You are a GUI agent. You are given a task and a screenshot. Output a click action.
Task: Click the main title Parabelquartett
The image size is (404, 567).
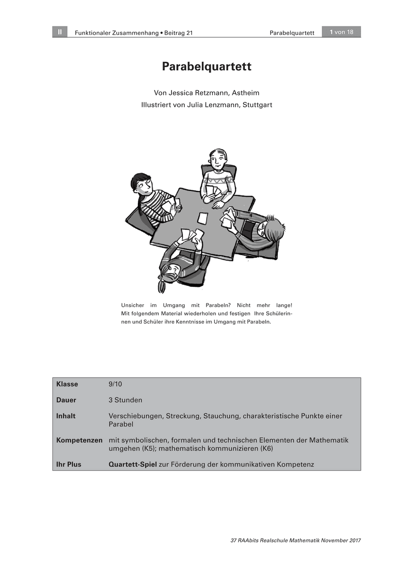(x=206, y=67)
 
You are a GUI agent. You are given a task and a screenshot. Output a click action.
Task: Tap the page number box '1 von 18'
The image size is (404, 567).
(x=341, y=32)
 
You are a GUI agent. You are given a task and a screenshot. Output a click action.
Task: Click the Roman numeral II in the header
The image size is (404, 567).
(x=60, y=32)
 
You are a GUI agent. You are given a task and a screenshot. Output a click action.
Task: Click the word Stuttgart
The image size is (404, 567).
(x=257, y=105)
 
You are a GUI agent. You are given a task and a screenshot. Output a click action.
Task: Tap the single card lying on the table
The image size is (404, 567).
(x=203, y=218)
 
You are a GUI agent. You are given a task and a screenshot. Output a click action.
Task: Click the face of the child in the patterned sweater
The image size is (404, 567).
(x=218, y=161)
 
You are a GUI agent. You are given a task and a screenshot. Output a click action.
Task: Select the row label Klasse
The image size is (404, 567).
(x=67, y=384)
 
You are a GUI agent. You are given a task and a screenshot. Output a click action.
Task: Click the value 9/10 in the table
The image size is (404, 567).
(x=115, y=384)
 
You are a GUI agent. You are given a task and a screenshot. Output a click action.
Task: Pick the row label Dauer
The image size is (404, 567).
(x=66, y=400)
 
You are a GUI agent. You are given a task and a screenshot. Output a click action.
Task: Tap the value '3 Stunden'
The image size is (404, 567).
(x=125, y=400)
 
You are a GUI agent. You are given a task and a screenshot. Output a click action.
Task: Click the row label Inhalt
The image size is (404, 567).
(x=66, y=416)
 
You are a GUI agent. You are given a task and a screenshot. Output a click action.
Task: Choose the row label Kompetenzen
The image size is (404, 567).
(x=79, y=440)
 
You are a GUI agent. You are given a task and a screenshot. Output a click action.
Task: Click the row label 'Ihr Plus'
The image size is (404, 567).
(x=69, y=464)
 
